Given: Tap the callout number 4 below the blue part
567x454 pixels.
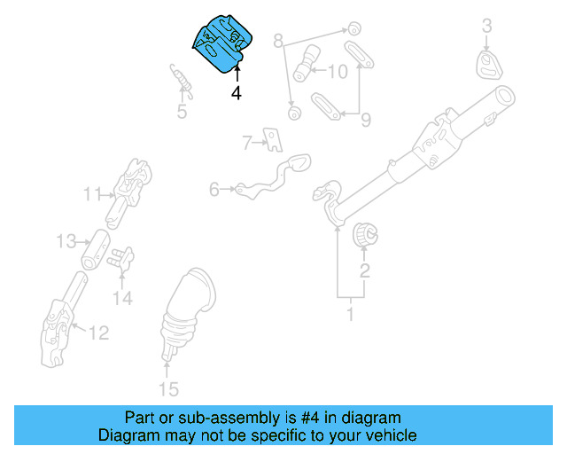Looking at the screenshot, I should pos(237,92).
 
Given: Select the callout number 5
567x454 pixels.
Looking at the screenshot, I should pos(182,112).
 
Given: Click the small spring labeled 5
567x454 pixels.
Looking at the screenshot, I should pos(181,78).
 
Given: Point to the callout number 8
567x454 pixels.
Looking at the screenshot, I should pos(278,41).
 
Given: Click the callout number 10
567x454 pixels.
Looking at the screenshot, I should pos(338,71).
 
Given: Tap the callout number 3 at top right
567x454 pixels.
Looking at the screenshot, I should pos(486,27).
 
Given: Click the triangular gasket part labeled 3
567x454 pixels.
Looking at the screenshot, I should pos(487,64).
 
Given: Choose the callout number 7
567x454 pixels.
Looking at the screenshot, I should pos(248,140).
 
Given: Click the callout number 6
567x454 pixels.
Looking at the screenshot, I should pos(214,189).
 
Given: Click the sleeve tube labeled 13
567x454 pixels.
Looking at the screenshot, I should pos(97,249).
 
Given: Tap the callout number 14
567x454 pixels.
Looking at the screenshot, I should pos(122,299).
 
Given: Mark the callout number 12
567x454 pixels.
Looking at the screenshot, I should pos(98,333).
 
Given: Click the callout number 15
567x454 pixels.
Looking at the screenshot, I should pos(167,388).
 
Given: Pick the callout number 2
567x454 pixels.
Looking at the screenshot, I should pos(364,270).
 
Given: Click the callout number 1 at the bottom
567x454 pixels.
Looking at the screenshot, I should pos(350,314).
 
